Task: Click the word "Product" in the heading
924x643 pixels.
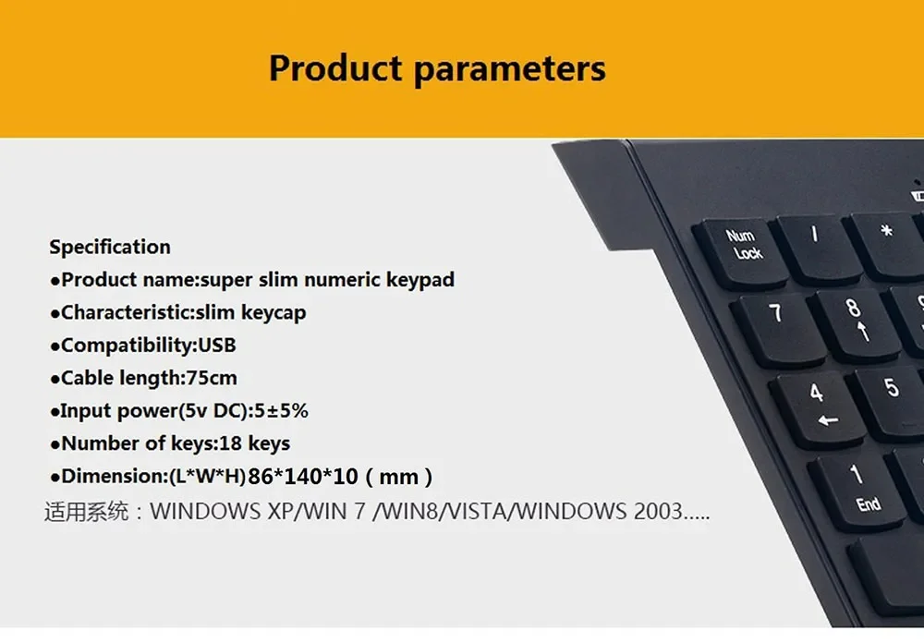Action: pos(335,67)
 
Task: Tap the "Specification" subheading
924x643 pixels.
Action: pos(110,248)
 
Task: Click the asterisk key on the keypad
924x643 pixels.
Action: pos(886,245)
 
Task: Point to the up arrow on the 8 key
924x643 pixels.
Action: pos(863,331)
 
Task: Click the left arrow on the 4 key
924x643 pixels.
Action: pos(828,420)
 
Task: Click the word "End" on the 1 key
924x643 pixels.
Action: pos(869,504)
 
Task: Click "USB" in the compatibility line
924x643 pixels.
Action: pos(217,345)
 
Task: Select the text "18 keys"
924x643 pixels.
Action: pos(255,443)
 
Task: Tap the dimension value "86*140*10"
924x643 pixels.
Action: pos(303,476)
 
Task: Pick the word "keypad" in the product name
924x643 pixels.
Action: pos(420,280)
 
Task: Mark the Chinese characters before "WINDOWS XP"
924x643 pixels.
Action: pos(87,511)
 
